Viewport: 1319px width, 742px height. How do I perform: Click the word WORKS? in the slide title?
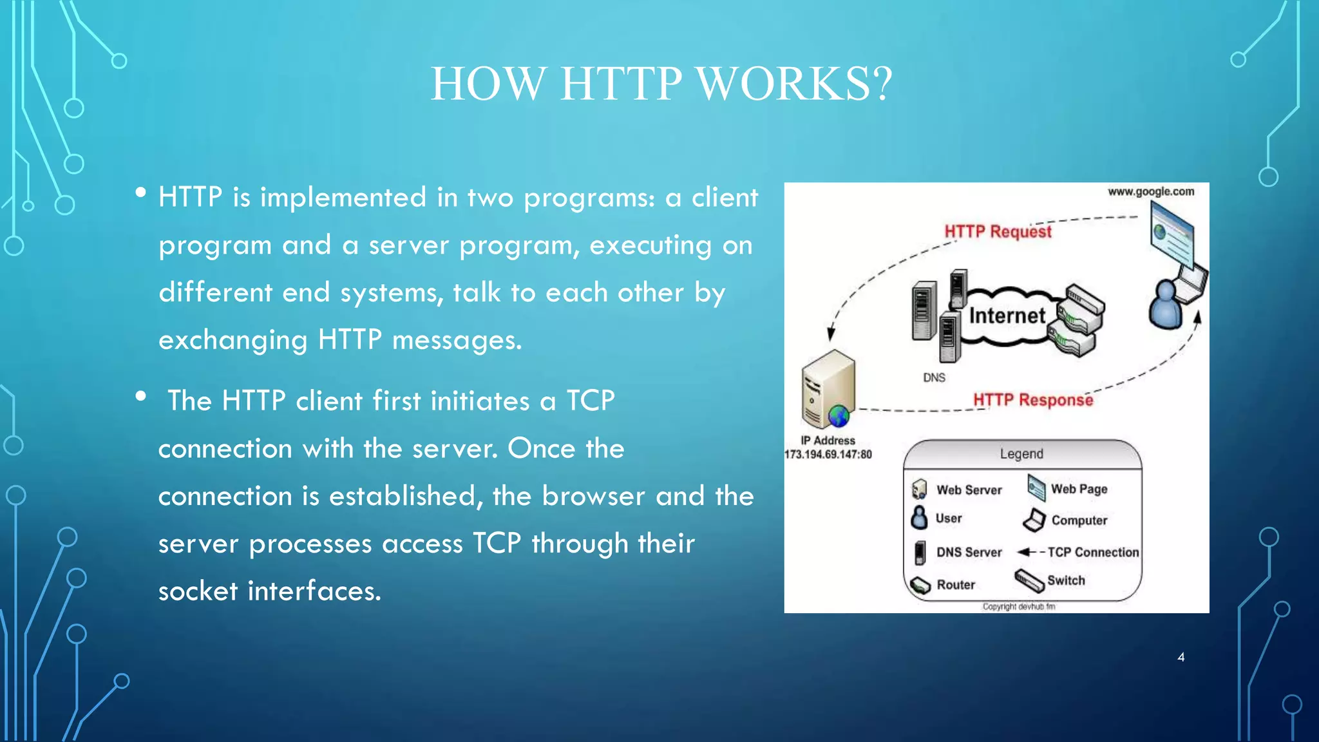pyautogui.click(x=795, y=84)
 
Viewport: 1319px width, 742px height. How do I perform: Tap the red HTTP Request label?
pyautogui.click(x=998, y=231)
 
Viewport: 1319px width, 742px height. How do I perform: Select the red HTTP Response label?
pyautogui.click(x=1033, y=400)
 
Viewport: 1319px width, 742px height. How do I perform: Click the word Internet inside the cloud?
pyautogui.click(x=1007, y=316)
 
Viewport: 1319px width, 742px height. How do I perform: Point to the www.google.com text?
pyautogui.click(x=1151, y=191)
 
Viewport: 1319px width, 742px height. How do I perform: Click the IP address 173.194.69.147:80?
pyautogui.click(x=828, y=454)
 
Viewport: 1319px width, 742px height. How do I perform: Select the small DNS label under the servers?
pyautogui.click(x=934, y=377)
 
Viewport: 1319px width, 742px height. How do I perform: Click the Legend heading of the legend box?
pyautogui.click(x=1021, y=453)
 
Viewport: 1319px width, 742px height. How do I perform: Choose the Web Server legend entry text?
pyautogui.click(x=969, y=490)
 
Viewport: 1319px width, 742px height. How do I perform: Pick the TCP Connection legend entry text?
pyautogui.click(x=1093, y=552)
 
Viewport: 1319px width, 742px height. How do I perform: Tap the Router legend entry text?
pyautogui.click(x=956, y=585)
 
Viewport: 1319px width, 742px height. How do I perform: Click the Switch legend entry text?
pyautogui.click(x=1066, y=580)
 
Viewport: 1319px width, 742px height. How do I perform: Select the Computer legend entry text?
pyautogui.click(x=1079, y=520)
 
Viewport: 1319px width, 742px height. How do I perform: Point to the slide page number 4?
pyautogui.click(x=1181, y=657)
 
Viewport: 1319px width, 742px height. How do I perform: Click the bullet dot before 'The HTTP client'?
pyautogui.click(x=141, y=397)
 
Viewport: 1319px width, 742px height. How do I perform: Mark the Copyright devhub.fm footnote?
pyautogui.click(x=1019, y=606)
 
